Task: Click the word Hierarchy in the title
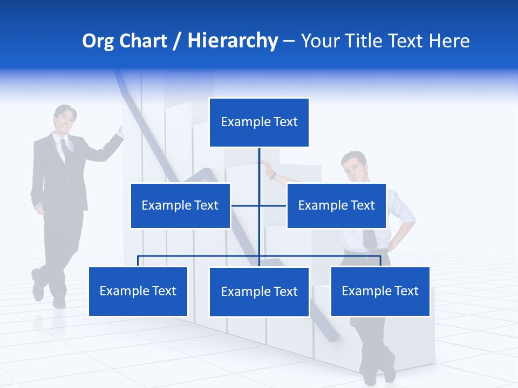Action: tap(233, 41)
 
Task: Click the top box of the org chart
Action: tap(259, 122)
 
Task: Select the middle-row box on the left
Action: tap(180, 205)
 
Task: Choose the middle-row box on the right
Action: tap(336, 205)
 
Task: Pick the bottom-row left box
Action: tap(138, 291)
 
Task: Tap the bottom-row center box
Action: tap(259, 292)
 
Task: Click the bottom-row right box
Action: tap(380, 291)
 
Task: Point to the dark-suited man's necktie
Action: tap(64, 149)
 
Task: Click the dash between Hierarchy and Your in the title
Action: tap(289, 41)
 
